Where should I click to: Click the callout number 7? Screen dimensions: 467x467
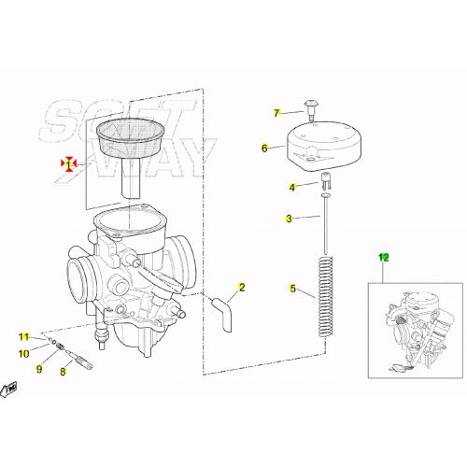pos(276,113)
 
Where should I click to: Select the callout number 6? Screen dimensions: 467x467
pos(264,148)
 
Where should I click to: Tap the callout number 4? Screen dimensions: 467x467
pos(290,187)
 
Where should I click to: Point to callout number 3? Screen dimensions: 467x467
pos(290,219)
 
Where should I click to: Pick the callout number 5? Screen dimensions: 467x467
pos(291,289)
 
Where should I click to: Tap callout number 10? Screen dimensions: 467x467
pos(25,352)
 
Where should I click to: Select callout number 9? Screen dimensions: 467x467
pos(39,369)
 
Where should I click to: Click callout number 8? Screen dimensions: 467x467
pos(64,371)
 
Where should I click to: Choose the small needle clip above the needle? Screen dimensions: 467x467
pos(327,181)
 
